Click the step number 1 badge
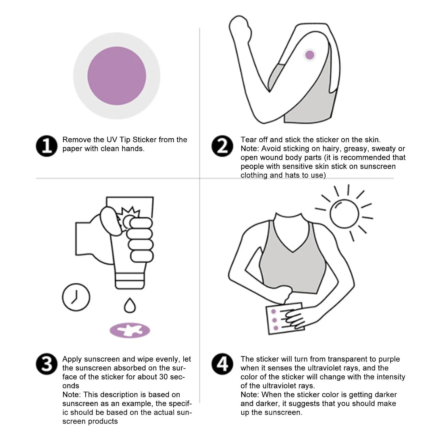coord(47,146)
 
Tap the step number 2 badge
coord(222,146)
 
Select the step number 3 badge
coord(47,364)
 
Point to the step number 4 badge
coord(222,364)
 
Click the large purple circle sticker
coord(117,76)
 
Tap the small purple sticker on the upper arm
coord(309,55)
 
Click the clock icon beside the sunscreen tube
coord(76,297)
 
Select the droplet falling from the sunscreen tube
coord(130,305)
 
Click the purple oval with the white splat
coord(130,330)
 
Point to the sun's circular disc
coord(344,213)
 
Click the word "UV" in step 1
coord(112,140)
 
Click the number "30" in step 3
coord(164,377)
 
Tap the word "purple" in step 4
coord(389,359)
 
